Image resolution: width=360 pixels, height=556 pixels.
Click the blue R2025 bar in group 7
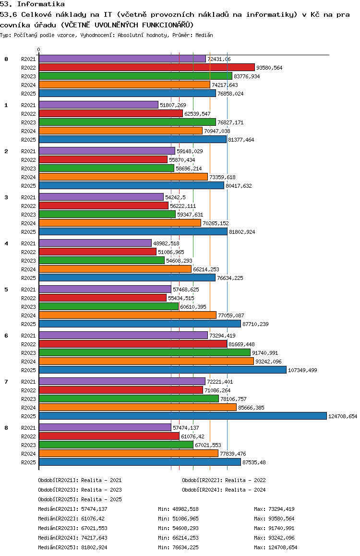pyautogui.click(x=182, y=416)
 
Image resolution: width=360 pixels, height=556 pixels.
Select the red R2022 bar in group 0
pyautogui.click(x=146, y=67)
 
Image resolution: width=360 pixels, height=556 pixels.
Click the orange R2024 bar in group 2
pyautogui.click(x=123, y=177)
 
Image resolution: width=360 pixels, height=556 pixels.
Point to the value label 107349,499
pyautogui.click(x=303, y=370)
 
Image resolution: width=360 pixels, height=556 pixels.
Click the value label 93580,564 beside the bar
pyautogui.click(x=269, y=68)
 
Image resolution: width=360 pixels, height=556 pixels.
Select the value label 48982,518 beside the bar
pyautogui.click(x=166, y=243)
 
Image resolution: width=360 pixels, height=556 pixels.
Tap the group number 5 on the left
pyautogui.click(x=6, y=290)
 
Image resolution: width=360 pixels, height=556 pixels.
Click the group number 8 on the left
pyautogui.click(x=6, y=428)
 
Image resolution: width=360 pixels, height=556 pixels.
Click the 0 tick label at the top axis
pyautogui.click(x=39, y=50)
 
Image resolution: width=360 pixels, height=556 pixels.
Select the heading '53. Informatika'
pyautogui.click(x=33, y=4)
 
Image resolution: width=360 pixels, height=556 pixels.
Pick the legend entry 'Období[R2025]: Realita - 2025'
pyautogui.click(x=80, y=499)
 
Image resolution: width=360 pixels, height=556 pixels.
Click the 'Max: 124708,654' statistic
pyautogui.click(x=276, y=547)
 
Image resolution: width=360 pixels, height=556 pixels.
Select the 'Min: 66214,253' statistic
pyautogui.click(x=178, y=538)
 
